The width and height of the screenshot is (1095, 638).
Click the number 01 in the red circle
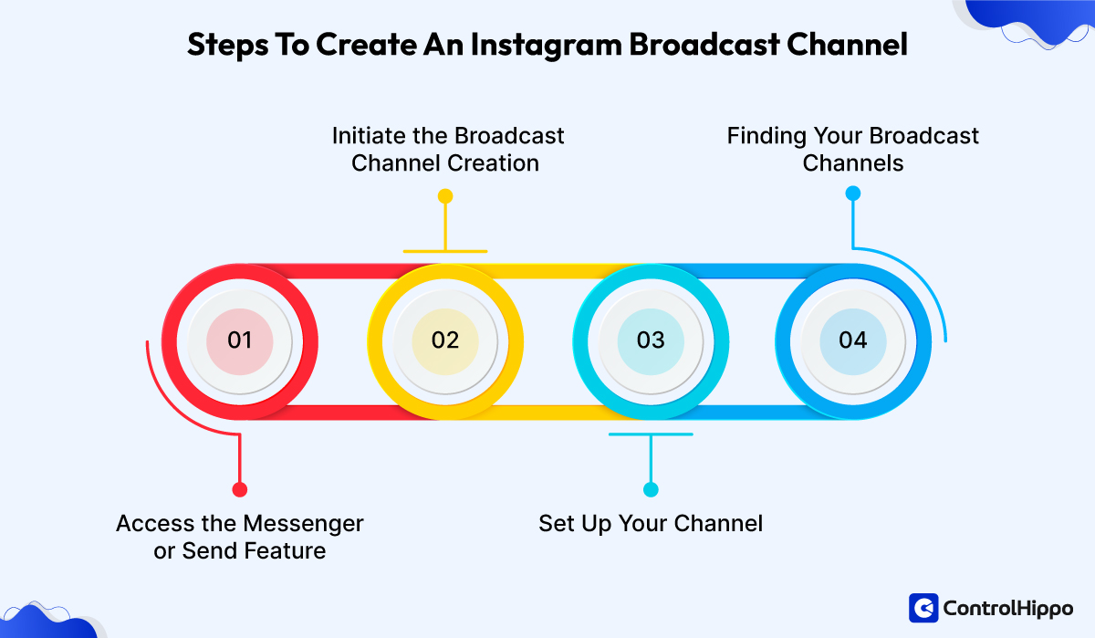(239, 340)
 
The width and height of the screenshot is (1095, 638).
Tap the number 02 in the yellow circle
(444, 340)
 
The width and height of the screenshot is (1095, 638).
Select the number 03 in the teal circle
(651, 340)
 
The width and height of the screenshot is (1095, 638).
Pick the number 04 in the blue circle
(852, 340)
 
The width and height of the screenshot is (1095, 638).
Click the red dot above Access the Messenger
(239, 489)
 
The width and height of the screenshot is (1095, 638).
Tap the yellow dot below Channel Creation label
(445, 195)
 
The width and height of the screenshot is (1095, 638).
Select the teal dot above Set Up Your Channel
(651, 489)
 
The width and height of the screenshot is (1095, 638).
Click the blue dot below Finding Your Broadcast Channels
(852, 193)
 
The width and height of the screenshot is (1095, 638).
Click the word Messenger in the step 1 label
(303, 524)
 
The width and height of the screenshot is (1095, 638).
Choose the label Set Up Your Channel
(650, 524)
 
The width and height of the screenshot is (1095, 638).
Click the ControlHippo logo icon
(923, 608)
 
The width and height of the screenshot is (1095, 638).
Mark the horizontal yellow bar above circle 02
(445, 251)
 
